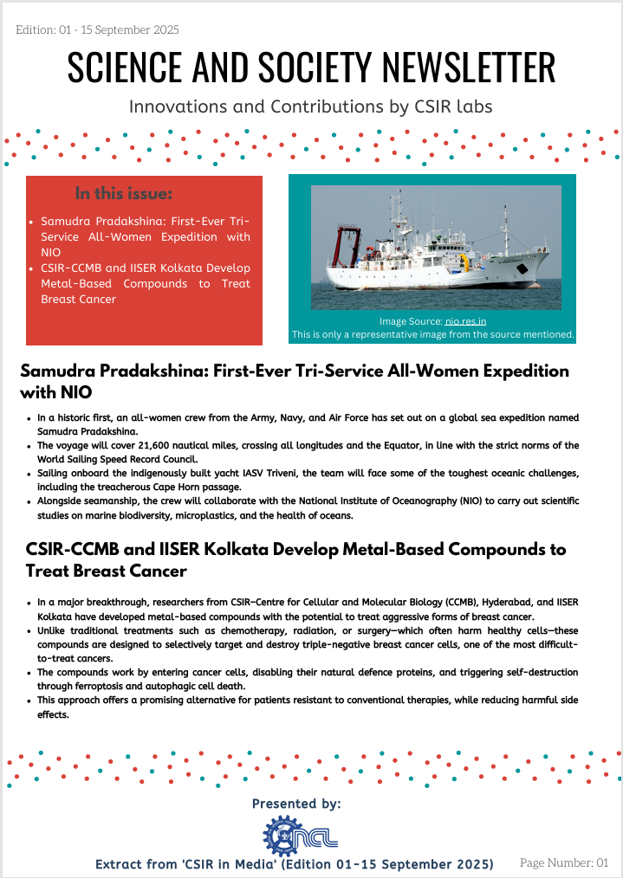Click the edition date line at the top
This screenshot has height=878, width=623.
(x=98, y=30)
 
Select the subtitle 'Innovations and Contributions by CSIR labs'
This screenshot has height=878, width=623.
(x=311, y=107)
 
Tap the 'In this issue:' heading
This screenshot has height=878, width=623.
(x=124, y=193)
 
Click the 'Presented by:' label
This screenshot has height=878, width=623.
(x=296, y=804)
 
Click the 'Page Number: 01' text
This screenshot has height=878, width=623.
(x=564, y=863)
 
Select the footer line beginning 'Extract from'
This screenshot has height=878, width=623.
(x=294, y=864)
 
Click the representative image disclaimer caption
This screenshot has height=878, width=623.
(x=433, y=333)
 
